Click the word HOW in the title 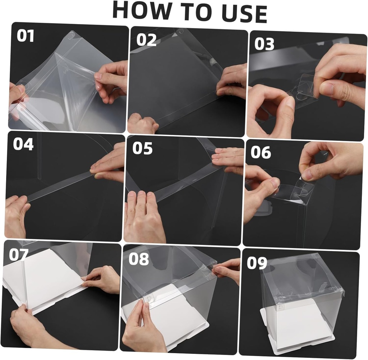point(140,11)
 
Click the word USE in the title point(244,13)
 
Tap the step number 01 point(26,36)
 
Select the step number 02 point(147,40)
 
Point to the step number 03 point(264,44)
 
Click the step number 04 point(23,144)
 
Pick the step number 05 point(142,148)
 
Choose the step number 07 point(19,255)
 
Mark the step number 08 point(139,259)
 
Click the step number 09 point(257,263)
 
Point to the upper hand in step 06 point(328,161)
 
